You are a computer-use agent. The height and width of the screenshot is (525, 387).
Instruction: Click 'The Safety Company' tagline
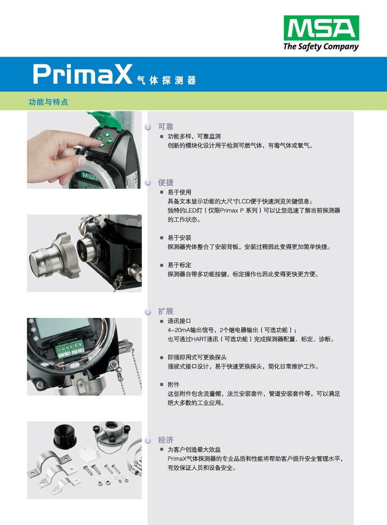(321, 47)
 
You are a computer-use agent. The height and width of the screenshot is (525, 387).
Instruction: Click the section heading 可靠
(165, 127)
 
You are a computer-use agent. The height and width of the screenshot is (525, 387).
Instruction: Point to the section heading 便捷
(165, 183)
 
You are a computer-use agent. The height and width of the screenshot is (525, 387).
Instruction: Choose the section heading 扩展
(165, 311)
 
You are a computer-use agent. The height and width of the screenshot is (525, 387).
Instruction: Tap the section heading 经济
(165, 440)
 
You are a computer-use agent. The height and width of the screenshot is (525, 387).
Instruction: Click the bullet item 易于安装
(179, 238)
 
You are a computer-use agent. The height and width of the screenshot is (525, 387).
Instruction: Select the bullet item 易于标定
(179, 265)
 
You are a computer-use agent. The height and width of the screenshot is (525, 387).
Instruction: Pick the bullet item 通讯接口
(179, 321)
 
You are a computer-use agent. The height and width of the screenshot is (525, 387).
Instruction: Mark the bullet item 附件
(174, 384)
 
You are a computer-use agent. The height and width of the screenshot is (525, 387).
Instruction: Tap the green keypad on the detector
(105, 137)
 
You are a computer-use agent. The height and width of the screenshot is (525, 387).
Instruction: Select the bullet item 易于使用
(179, 192)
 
